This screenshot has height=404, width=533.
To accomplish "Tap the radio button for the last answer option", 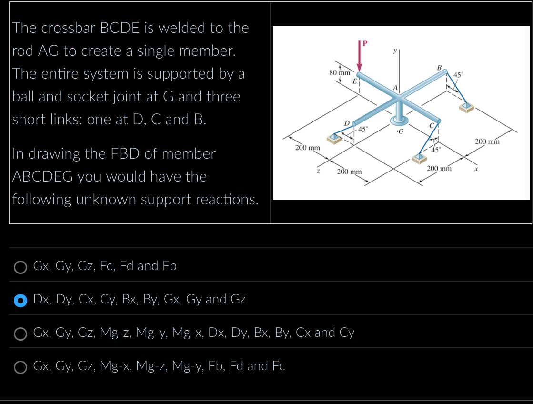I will (20, 367).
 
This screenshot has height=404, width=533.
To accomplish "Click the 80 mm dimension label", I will (339, 73).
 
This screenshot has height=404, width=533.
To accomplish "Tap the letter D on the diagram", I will (347, 123).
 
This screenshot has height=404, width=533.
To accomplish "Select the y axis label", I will (395, 49).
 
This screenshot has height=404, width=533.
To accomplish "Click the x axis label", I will (475, 170).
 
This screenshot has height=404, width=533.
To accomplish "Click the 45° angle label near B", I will (458, 75).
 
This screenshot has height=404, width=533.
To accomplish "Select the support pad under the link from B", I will (467, 107).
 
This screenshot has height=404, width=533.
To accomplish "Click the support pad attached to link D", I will (334, 139).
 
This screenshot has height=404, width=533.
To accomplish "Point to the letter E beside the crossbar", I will (354, 81).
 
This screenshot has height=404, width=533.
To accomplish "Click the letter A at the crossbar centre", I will (395, 88).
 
